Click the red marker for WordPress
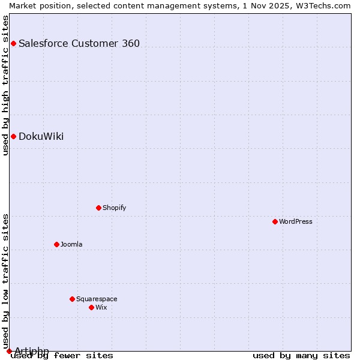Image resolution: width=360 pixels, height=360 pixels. [275, 221]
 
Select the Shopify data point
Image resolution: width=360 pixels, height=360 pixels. [98, 208]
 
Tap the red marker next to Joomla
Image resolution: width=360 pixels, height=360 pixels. [56, 244]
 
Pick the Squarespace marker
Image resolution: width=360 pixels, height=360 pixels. [72, 299]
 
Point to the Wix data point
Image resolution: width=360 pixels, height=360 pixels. [91, 307]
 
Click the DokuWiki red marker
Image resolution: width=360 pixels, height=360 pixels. [13, 136]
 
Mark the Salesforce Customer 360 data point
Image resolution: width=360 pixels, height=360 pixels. [13, 43]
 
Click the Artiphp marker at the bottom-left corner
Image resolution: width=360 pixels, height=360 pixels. [9, 351]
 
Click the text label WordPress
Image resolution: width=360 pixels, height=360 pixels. [296, 221]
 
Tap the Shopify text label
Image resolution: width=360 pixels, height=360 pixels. [114, 208]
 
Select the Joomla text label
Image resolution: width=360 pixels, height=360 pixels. [71, 244]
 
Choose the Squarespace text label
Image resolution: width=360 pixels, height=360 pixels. [97, 299]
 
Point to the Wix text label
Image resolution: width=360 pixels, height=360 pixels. [101, 307]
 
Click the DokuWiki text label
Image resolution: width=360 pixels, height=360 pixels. [41, 136]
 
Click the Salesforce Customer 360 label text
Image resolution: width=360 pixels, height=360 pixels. [79, 43]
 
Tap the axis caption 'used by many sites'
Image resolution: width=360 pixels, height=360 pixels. [301, 356]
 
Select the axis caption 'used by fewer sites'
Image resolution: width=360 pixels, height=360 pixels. [62, 356]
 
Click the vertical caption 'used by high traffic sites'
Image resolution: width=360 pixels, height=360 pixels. [5, 86]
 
